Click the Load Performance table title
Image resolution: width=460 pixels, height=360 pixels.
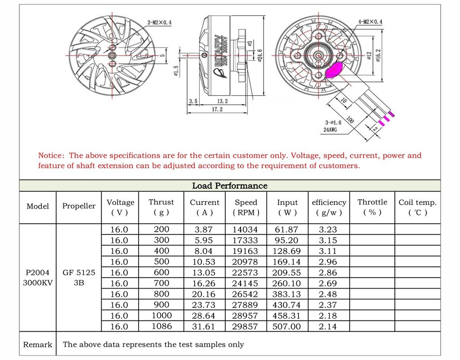click(230, 186)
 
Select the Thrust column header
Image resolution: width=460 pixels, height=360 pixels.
click(161, 207)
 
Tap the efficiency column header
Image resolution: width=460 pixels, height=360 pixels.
click(329, 207)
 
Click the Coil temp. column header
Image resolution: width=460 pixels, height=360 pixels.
click(417, 207)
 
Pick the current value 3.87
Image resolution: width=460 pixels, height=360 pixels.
click(203, 229)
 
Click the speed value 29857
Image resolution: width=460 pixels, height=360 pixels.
click(245, 327)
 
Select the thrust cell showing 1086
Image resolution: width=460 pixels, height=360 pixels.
click(161, 326)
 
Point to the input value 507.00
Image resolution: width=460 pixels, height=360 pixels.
click(286, 327)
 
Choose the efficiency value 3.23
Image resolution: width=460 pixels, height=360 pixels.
click(328, 229)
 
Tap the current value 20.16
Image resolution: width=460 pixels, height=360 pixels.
click(204, 294)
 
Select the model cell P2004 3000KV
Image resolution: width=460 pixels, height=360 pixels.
click(38, 278)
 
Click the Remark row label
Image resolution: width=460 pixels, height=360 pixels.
click(37, 345)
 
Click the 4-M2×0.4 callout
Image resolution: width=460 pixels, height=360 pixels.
click(370, 22)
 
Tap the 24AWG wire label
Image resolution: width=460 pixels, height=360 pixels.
click(330, 130)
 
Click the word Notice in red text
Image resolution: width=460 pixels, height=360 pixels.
click(51, 156)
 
